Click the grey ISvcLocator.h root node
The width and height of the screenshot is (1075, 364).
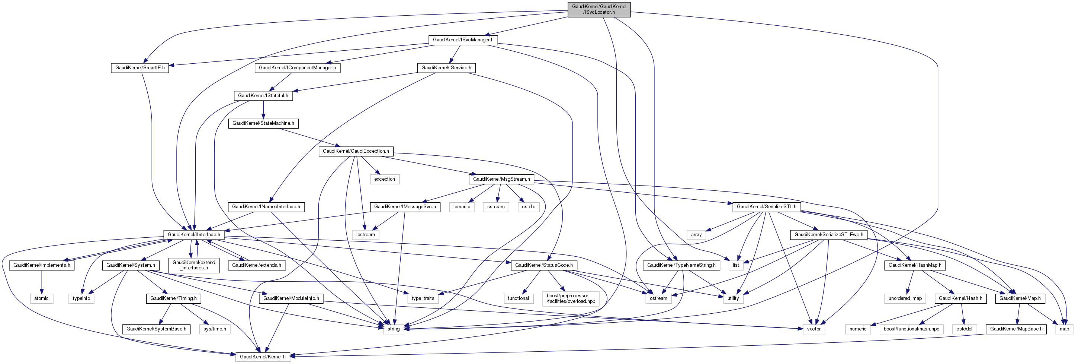click(599, 9)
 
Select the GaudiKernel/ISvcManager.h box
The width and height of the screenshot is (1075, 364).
click(463, 40)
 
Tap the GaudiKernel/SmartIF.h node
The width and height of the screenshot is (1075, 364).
click(140, 68)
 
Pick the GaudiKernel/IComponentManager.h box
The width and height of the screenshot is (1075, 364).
click(297, 68)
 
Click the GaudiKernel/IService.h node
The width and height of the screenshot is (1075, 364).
click(446, 68)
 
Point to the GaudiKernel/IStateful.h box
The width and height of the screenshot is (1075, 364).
click(263, 96)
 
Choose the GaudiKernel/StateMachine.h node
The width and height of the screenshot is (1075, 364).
click(263, 123)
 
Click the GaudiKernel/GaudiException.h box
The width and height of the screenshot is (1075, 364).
click(356, 151)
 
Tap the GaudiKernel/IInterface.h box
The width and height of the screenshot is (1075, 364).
click(194, 235)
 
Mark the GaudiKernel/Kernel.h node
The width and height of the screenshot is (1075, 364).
click(263, 357)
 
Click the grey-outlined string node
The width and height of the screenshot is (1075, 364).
click(393, 329)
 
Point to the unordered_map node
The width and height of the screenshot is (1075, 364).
click(905, 298)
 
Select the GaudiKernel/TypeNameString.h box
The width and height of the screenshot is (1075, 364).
click(681, 265)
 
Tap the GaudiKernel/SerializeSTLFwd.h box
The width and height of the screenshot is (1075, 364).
click(828, 235)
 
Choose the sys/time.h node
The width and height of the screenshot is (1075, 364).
click(215, 329)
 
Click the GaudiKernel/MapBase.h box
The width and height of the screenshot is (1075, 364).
click(1016, 329)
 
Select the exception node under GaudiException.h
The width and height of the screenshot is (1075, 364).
click(384, 179)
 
